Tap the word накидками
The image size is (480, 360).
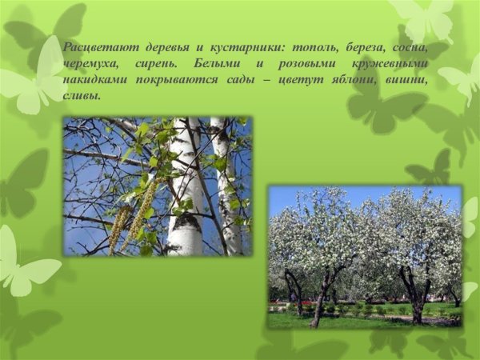coord(94,79)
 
